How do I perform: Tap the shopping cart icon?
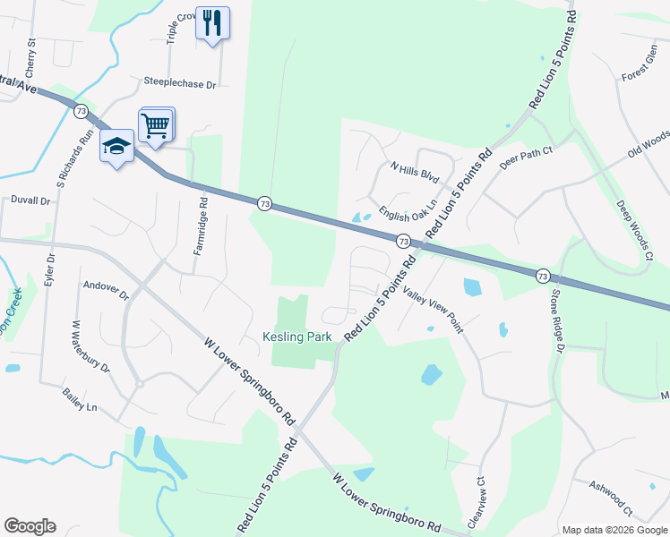point(156,125)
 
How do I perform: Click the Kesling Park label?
point(297,337)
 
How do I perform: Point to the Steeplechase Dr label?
point(180,82)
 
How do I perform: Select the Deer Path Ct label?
point(527,157)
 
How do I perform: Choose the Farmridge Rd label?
point(203,227)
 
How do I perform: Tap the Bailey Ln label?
point(80,400)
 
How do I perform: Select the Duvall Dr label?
point(30,200)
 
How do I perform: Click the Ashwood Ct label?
point(611,499)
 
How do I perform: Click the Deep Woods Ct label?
point(634,230)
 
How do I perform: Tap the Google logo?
point(30,526)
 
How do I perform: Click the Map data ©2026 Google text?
point(614,530)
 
